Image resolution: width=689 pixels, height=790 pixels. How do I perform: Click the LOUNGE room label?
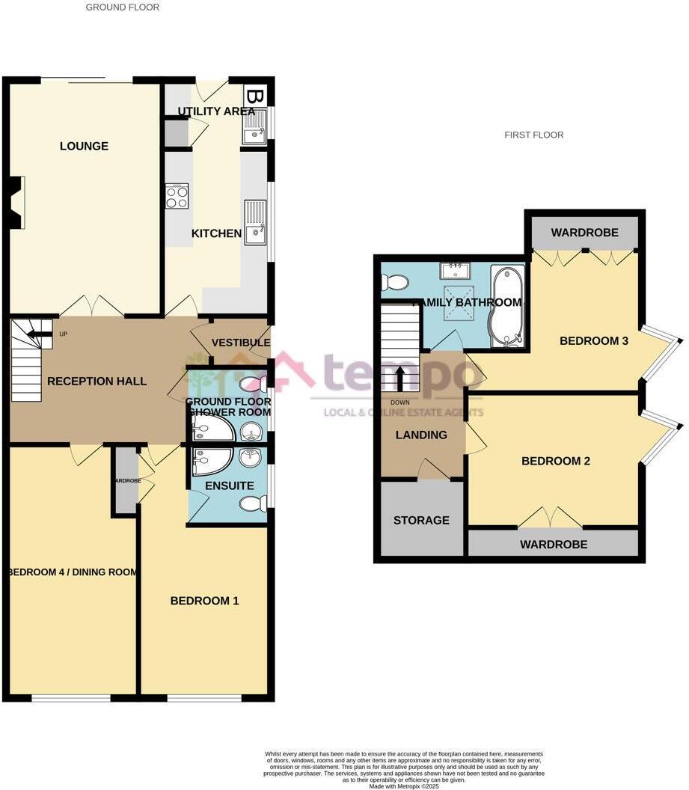[x=84, y=146]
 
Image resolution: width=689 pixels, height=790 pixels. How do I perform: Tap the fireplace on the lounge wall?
[x=16, y=201]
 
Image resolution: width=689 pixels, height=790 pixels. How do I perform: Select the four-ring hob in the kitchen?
[x=177, y=196]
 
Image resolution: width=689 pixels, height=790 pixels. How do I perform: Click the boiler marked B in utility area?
[x=254, y=97]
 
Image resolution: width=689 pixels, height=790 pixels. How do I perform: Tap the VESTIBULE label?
[x=240, y=343]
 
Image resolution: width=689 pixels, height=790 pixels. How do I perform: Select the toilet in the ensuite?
[x=253, y=504]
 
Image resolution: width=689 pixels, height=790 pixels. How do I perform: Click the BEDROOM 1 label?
[x=204, y=600]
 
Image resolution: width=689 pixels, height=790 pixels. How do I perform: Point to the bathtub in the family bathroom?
[x=506, y=307]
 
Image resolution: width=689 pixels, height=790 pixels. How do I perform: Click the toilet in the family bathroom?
[x=394, y=282]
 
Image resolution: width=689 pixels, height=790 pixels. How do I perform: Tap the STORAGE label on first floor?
[x=421, y=520]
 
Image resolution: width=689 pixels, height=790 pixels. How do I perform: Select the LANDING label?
[x=421, y=435]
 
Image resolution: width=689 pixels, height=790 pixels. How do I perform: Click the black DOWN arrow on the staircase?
[x=400, y=378]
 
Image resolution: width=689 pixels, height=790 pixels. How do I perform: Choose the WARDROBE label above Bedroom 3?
[x=584, y=233]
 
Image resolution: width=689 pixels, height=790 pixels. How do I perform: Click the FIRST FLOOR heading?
[x=534, y=135]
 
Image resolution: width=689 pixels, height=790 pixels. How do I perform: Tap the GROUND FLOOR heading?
[x=122, y=7]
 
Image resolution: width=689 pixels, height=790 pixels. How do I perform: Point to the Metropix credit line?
[x=404, y=786]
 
